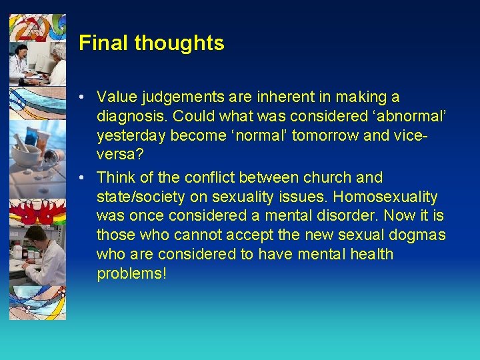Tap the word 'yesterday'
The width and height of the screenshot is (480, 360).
coord(132,137)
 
